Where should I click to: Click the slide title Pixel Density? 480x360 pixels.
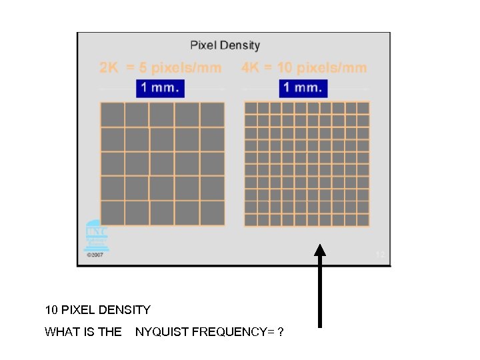225,45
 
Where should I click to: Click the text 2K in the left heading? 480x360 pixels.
110,68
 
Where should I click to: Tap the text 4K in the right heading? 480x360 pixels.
251,68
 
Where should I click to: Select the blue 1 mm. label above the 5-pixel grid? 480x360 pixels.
160,88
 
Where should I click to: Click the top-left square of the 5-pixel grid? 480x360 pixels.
113,115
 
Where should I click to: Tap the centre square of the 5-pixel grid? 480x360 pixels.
162,164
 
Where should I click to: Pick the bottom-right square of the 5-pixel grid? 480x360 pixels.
212,213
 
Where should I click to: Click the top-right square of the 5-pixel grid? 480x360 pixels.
212,115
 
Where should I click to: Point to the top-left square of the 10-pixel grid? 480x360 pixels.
251,108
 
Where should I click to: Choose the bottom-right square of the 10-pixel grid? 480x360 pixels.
363,219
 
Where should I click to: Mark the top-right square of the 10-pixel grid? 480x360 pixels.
363,108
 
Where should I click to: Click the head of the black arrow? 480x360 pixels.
320,251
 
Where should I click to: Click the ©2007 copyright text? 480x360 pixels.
95,255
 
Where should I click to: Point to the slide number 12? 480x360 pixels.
380,254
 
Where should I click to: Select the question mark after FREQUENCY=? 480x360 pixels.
280,332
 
